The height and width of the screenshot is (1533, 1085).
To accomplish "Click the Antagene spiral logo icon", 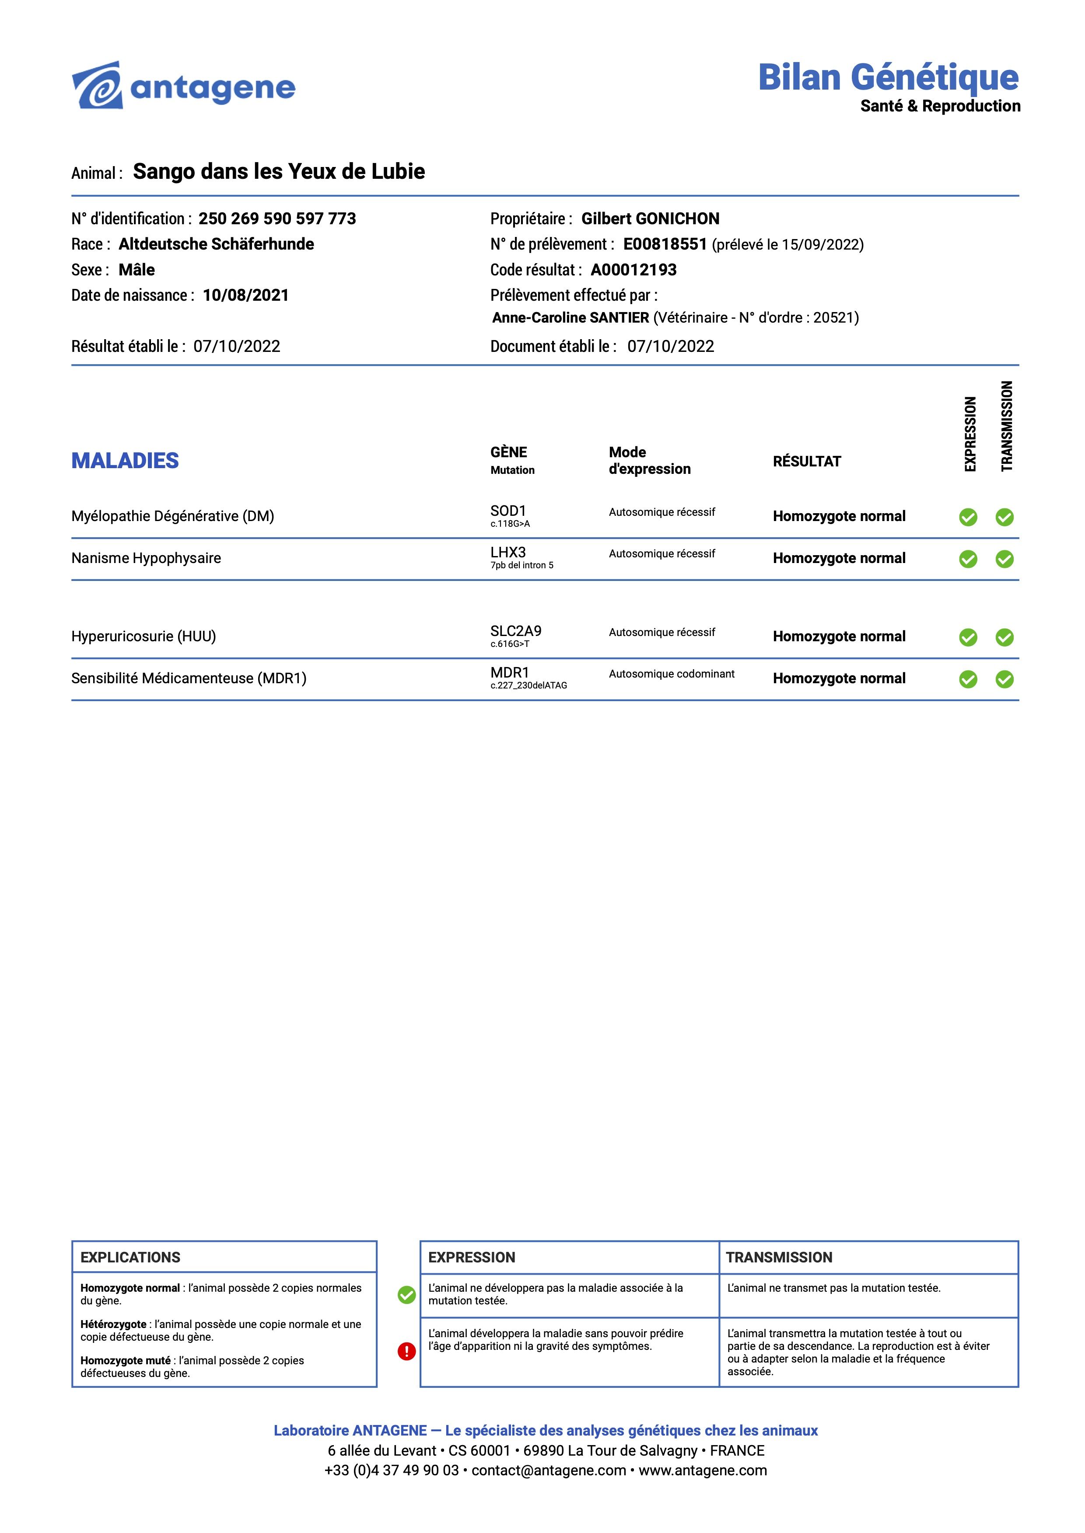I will [98, 86].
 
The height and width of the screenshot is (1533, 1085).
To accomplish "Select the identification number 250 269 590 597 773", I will [277, 219].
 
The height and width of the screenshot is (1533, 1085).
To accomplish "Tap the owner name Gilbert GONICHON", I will [650, 219].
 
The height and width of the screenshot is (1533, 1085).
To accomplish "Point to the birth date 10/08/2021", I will [246, 296].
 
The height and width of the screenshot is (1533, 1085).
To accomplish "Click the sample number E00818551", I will [665, 244].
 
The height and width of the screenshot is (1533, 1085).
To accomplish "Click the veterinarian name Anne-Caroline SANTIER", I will [570, 318].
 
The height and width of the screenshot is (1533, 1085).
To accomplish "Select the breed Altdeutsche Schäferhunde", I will [217, 244].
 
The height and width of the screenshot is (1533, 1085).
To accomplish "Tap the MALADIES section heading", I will [125, 461].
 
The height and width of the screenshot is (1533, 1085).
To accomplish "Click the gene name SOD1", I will [508, 511].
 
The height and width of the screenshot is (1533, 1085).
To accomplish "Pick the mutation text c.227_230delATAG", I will [528, 686].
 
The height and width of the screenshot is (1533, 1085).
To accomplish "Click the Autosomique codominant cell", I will [672, 674].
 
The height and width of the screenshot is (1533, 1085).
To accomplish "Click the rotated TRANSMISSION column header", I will [1007, 426].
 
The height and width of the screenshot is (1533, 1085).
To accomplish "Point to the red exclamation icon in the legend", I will [406, 1352].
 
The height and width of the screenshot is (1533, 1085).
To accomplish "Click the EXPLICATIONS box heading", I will [130, 1257].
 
